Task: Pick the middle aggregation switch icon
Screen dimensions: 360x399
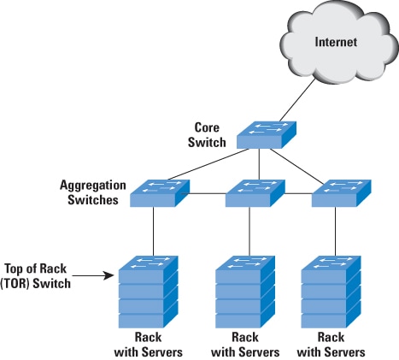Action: (x=253, y=193)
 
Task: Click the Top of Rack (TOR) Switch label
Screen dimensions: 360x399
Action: (x=38, y=276)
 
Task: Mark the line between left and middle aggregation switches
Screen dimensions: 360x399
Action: (x=205, y=195)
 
